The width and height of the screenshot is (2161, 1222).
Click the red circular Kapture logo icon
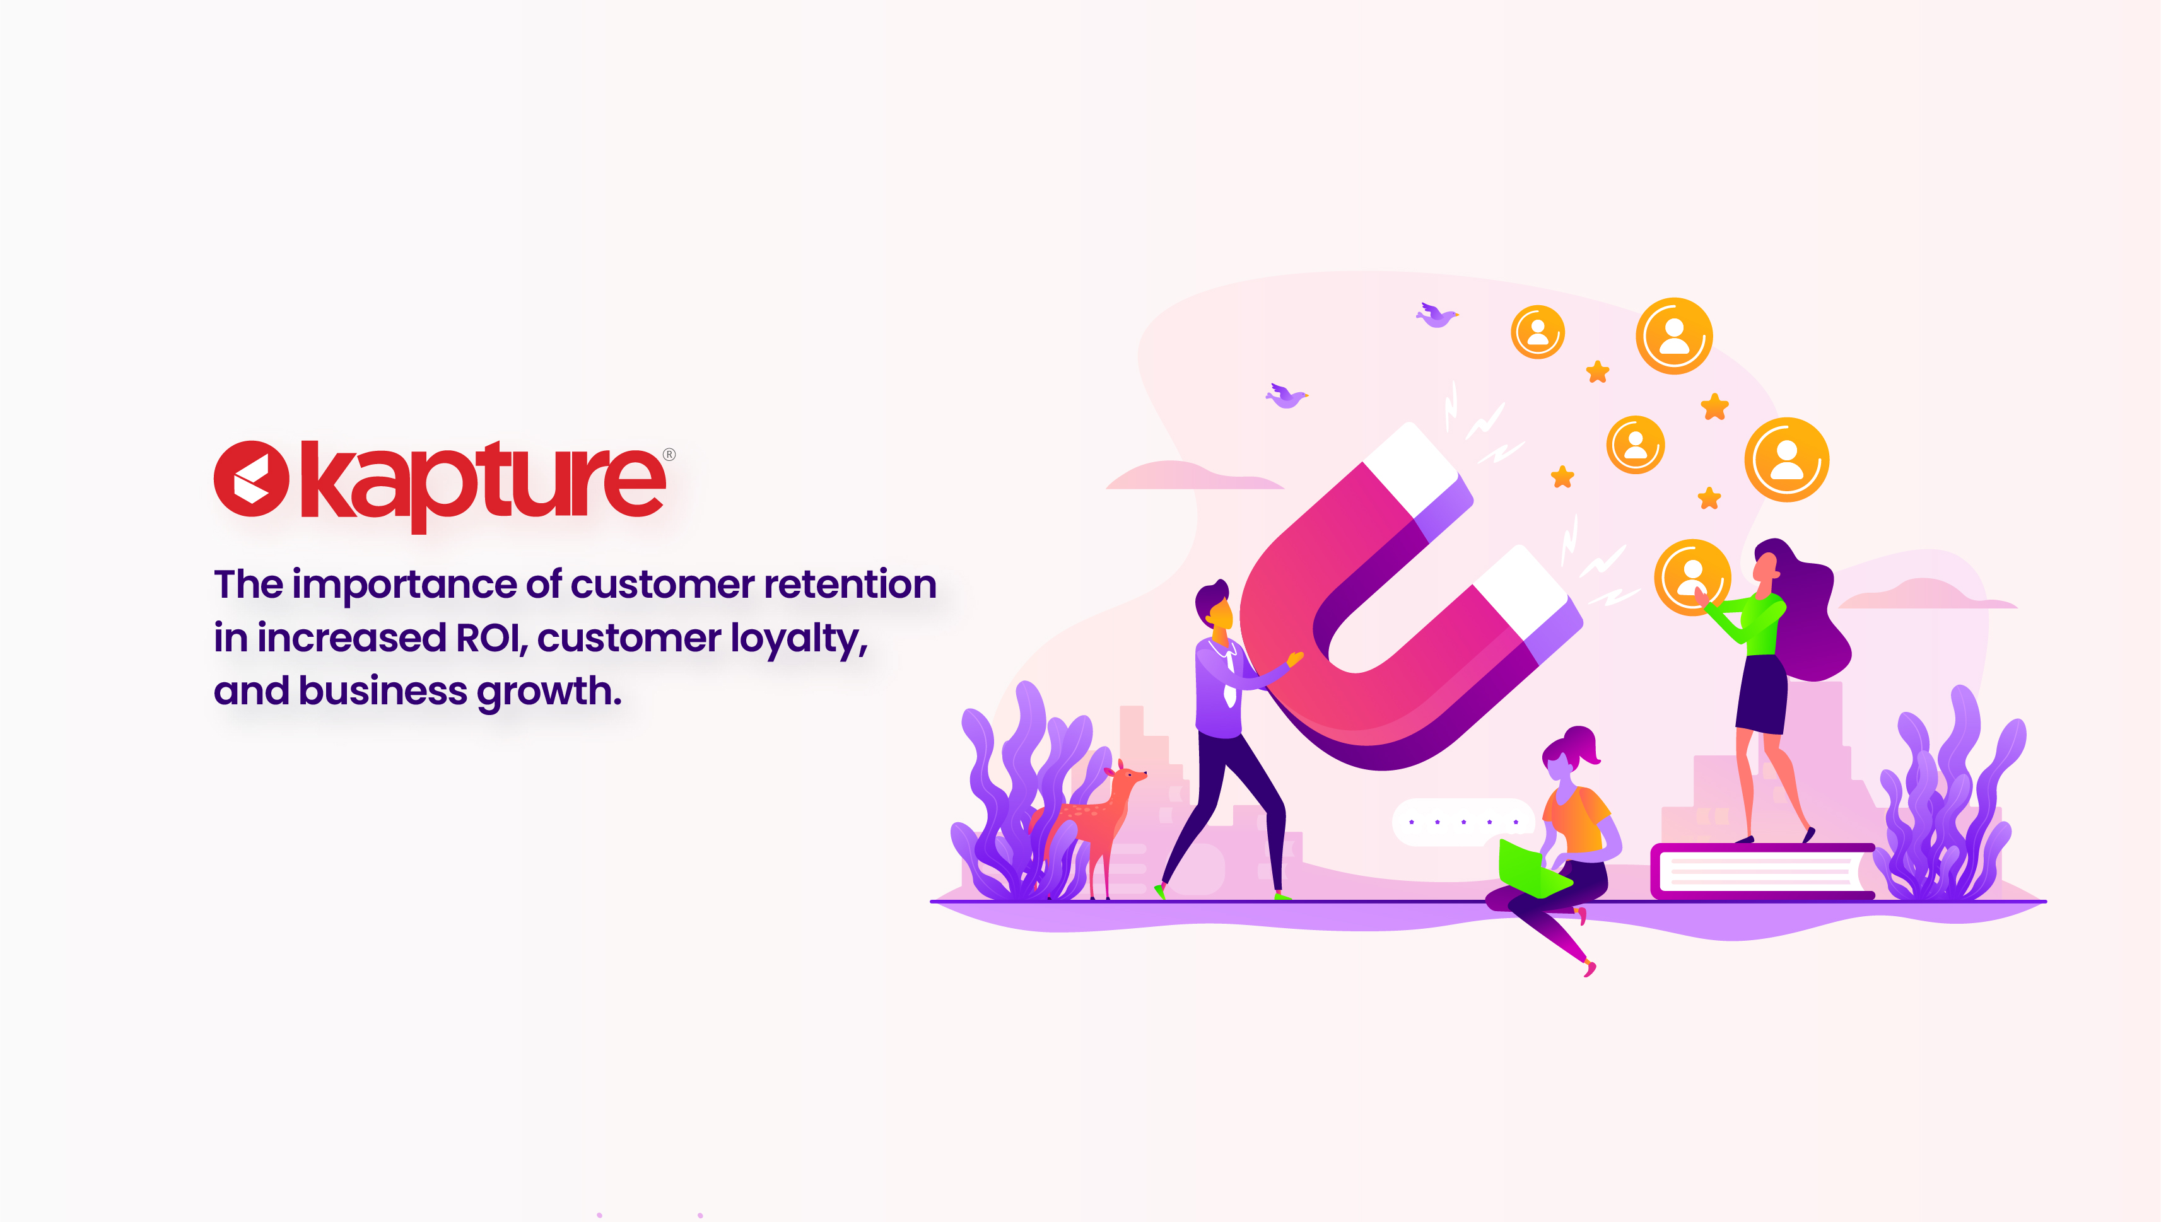pyautogui.click(x=252, y=479)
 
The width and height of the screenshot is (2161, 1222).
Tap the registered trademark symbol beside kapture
pyautogui.click(x=669, y=455)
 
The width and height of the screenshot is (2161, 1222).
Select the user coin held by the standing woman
pyautogui.click(x=1692, y=578)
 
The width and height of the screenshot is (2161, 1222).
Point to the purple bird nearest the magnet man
pyautogui.click(x=1286, y=395)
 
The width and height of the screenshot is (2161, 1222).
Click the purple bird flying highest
pyautogui.click(x=1436, y=315)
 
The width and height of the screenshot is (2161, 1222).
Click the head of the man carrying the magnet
pyautogui.click(x=1215, y=605)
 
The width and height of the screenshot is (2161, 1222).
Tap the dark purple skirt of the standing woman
pyautogui.click(x=1761, y=695)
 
